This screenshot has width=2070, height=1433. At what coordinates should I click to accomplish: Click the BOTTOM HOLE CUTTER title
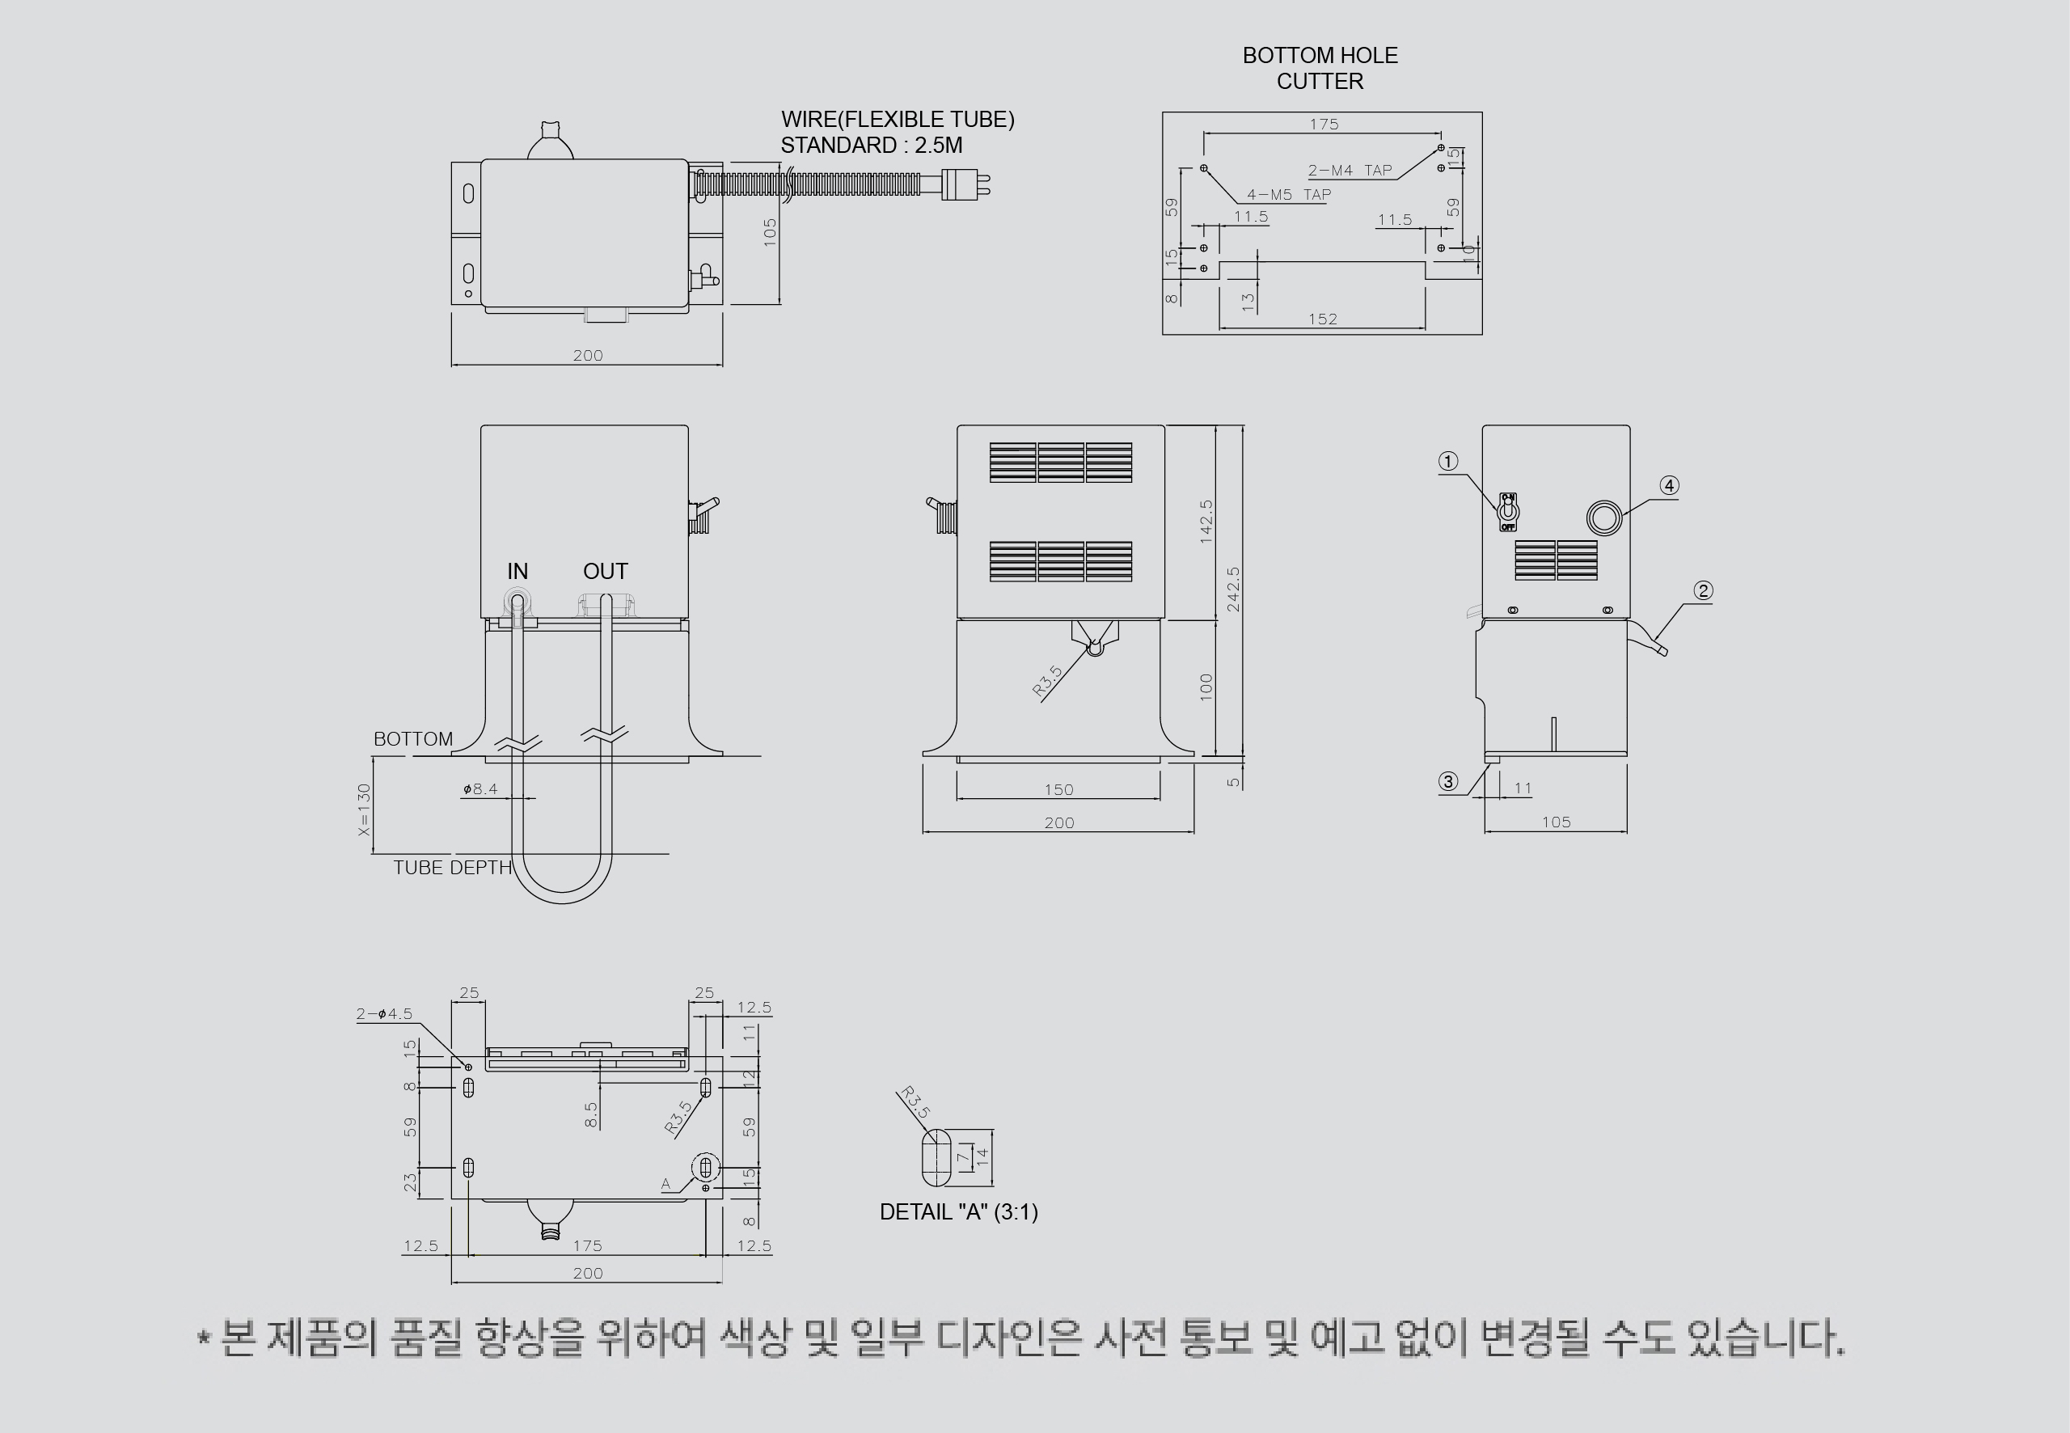(x=1320, y=68)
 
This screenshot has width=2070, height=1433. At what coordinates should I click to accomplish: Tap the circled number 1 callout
(x=1448, y=462)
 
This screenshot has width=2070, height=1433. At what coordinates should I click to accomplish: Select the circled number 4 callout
(x=1669, y=486)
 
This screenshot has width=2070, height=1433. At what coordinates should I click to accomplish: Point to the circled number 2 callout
(x=1703, y=591)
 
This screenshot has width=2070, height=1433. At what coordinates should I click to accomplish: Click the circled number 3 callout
(x=1448, y=782)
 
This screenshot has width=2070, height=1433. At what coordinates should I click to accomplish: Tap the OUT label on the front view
(x=605, y=571)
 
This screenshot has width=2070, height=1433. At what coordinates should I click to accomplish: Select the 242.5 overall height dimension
(x=1233, y=589)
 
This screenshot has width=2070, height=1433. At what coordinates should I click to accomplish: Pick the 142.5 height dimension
(x=1206, y=522)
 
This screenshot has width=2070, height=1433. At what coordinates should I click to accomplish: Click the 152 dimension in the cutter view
(x=1322, y=319)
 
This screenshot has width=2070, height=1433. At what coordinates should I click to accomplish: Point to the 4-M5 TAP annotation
(x=1289, y=194)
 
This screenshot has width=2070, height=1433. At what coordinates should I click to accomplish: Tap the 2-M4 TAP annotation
(x=1350, y=171)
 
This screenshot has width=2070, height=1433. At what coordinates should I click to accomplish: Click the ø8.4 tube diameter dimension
(x=480, y=789)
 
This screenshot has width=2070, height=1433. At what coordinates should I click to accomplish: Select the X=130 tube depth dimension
(x=364, y=809)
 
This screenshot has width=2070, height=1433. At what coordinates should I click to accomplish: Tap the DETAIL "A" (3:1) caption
(x=959, y=1212)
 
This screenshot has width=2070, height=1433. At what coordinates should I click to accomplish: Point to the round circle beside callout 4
(x=1605, y=519)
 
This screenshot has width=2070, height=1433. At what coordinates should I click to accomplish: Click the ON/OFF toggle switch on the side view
(x=1508, y=512)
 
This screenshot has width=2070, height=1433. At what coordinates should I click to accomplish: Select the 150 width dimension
(x=1058, y=789)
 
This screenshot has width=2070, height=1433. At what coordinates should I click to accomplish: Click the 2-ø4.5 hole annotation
(x=384, y=1014)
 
